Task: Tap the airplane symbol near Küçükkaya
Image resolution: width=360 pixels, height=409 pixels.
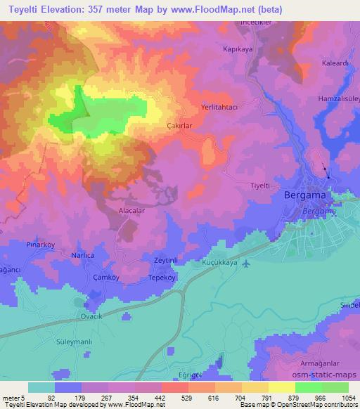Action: [245, 264]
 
